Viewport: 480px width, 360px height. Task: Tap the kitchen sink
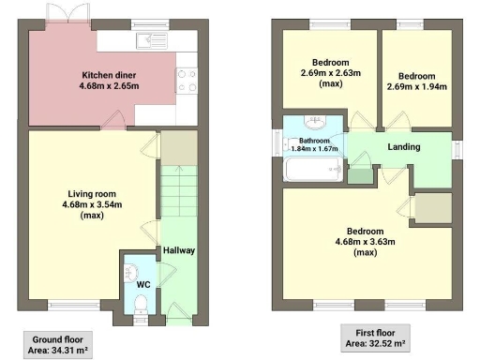148,39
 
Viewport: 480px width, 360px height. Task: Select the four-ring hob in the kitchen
184,80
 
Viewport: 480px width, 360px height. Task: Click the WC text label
143,284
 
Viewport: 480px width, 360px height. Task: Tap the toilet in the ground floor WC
140,303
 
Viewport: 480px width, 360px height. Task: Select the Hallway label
178,251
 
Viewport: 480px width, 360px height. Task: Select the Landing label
404,147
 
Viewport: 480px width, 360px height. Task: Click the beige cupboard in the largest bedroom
432,207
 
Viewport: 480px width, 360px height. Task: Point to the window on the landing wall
457,149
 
